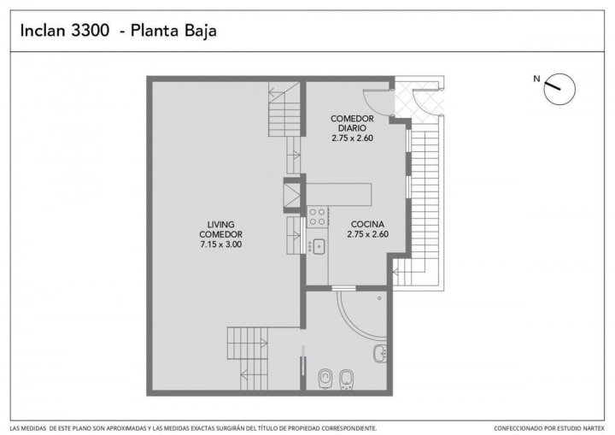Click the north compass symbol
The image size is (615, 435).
(559, 89)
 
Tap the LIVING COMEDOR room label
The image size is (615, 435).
(221, 229)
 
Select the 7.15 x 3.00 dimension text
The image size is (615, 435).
(221, 244)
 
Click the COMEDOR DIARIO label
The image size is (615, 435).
(352, 123)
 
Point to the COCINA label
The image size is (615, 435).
(367, 224)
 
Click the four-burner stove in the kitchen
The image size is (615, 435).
(317, 217)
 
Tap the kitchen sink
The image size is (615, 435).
(318, 246)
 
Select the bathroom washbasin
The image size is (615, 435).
(379, 353)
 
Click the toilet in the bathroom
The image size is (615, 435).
(325, 379)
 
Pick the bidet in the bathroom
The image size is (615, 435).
(346, 379)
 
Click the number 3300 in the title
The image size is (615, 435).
(90, 31)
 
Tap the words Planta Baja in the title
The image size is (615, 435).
(173, 31)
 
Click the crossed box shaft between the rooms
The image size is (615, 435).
(291, 195)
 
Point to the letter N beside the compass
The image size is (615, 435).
(536, 79)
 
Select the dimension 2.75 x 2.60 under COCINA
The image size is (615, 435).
(367, 234)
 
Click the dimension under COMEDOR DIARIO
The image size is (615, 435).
(352, 138)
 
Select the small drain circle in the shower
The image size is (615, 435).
(379, 298)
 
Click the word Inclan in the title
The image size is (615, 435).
(43, 31)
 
